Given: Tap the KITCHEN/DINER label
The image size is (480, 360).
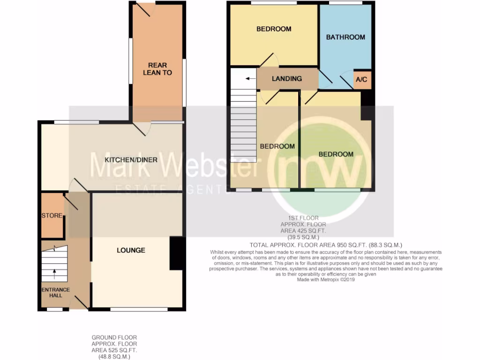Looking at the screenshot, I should tap(131, 160).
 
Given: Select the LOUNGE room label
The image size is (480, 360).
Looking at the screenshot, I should tap(131, 250).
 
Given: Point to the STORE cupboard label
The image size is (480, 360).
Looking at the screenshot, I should tap(52, 216).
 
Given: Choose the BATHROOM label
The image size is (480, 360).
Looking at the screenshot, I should tap(345, 37).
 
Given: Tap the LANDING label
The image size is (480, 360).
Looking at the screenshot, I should tap(287, 79).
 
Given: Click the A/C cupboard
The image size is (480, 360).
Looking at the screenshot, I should tap(361, 80).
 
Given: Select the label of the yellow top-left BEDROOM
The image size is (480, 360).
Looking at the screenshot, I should tap(274, 29).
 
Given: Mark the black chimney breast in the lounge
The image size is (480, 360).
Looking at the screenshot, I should tap(176, 253).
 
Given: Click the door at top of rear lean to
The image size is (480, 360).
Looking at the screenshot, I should tap(143, 9).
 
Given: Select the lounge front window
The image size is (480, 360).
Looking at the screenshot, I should tap(139, 309).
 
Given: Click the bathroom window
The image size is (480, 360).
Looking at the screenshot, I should tap(345, 3).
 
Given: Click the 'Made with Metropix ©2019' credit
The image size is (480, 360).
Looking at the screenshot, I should tap(326, 279).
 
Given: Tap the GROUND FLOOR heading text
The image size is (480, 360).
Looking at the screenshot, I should tap(114, 337).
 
